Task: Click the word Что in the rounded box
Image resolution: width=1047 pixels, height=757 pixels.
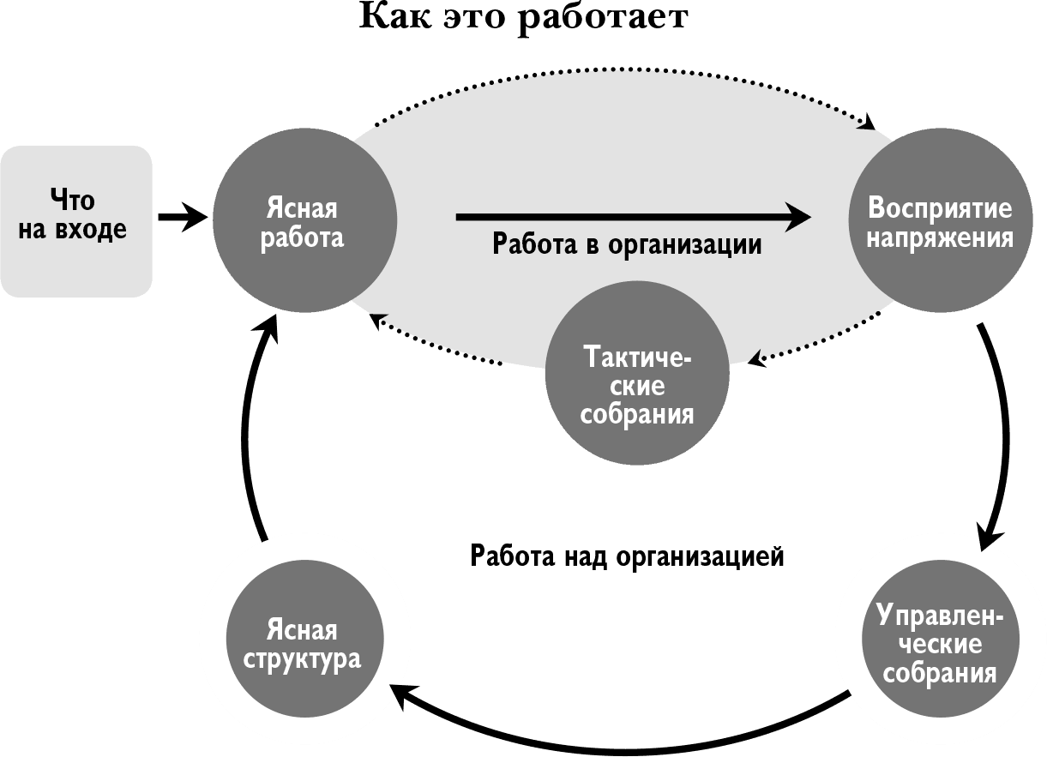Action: tap(73, 201)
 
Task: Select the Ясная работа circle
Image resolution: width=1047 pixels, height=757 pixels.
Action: tap(304, 220)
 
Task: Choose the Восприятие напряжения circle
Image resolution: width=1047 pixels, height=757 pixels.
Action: tap(939, 220)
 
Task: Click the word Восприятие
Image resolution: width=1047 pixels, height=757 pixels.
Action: tap(940, 207)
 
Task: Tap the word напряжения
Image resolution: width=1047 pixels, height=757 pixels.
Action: tap(940, 237)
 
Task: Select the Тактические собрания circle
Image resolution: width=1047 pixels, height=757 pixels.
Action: tap(638, 374)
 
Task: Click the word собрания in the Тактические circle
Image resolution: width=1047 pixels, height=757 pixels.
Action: tap(637, 415)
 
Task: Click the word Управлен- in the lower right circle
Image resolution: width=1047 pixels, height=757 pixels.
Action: tap(940, 616)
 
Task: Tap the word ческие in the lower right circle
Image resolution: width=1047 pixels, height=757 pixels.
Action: tap(940, 644)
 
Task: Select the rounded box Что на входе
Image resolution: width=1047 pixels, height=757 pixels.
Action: tap(75, 221)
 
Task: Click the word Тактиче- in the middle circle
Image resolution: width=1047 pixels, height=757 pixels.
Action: tap(638, 357)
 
